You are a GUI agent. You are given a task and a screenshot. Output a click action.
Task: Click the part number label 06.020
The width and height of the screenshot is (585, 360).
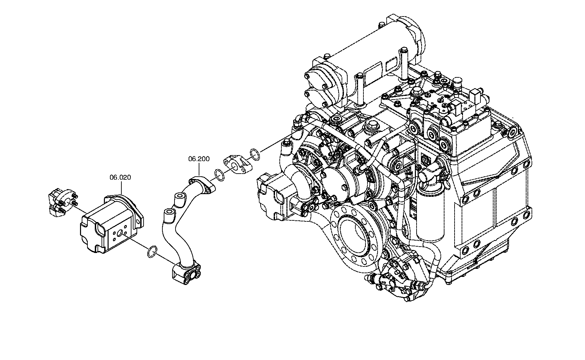[x=120, y=177]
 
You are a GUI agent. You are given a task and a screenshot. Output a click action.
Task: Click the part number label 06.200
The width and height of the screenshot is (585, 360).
[x=199, y=159]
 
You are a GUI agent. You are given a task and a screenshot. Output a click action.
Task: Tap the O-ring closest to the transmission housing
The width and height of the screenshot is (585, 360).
[x=255, y=154]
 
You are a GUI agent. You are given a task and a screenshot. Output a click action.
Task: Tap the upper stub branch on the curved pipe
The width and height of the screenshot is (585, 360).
[x=179, y=199]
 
